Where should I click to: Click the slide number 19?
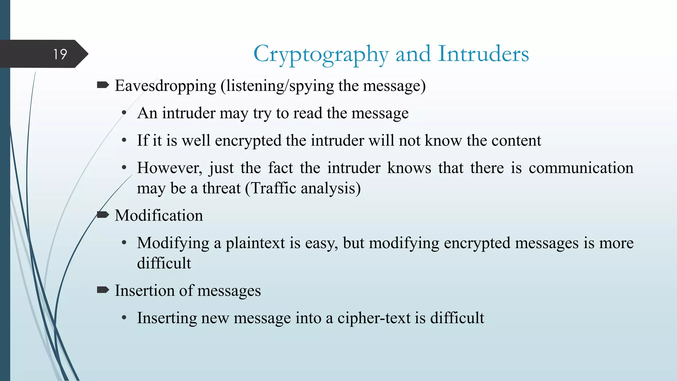point(60,54)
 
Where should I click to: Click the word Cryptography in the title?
point(321,54)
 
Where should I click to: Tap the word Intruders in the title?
point(483,54)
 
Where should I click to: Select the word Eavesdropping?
point(165,86)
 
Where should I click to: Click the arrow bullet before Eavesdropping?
point(103,85)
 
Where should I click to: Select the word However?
point(169,168)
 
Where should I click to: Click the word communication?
point(581,168)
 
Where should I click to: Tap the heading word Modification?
point(159,216)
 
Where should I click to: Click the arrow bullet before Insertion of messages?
point(103,290)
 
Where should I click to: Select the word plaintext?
point(255,243)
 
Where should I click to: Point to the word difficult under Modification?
point(164,264)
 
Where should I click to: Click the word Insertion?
point(144,291)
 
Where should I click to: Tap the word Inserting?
point(167,318)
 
